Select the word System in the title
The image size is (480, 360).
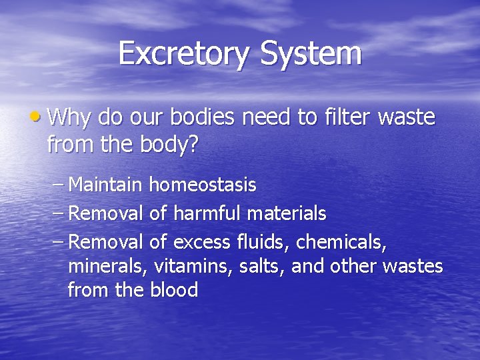coord(313,53)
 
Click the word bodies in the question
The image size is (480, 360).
coord(201,118)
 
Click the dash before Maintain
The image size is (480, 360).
coord(58,184)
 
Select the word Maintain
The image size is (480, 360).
coord(107,184)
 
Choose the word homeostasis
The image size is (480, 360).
coord(203,184)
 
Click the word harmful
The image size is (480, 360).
coord(207,213)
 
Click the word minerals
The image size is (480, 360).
coord(107,265)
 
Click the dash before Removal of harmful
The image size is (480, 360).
coord(58,213)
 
